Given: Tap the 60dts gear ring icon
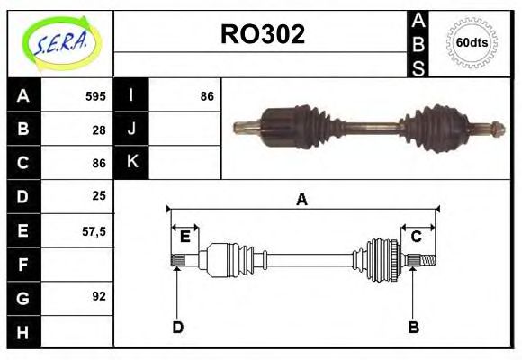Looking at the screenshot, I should [472, 43].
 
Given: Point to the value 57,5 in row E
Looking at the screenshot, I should [94, 230].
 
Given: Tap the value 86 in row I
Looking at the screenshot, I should [206, 96].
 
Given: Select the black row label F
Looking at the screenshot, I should [23, 264].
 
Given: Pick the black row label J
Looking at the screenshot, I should [131, 130].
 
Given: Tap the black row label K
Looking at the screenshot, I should [131, 163].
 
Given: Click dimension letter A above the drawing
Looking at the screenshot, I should [302, 200].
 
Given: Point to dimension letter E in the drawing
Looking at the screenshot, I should [184, 237].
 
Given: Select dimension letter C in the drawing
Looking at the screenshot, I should [417, 237].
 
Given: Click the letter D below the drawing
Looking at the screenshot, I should [177, 327].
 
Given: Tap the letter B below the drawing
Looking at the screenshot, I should [413, 327].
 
